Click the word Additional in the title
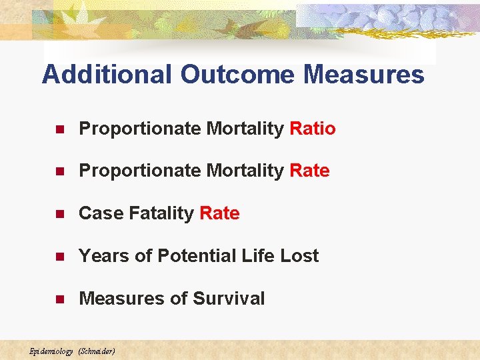click(x=107, y=74)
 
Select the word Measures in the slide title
click(x=363, y=74)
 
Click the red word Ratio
click(x=313, y=128)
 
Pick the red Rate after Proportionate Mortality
click(x=309, y=171)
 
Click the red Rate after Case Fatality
click(x=219, y=213)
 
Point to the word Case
click(x=100, y=213)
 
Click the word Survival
click(x=229, y=299)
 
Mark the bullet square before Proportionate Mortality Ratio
click(x=59, y=129)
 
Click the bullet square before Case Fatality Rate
click(x=59, y=214)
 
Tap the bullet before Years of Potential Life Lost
click(x=59, y=257)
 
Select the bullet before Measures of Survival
click(x=59, y=299)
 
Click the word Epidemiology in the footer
click(x=51, y=351)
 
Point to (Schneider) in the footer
click(x=97, y=351)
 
